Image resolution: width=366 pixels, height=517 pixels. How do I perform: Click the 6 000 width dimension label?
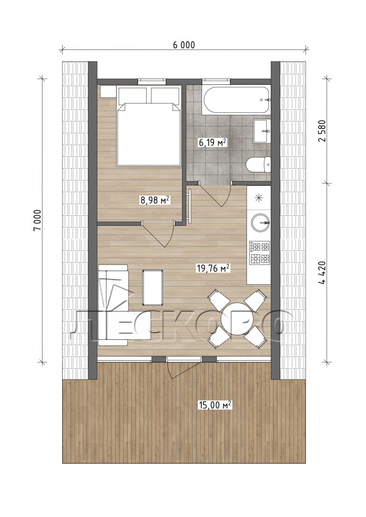184,45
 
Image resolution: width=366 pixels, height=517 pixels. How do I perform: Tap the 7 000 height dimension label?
38,220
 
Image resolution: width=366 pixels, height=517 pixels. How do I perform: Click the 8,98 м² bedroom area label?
155,200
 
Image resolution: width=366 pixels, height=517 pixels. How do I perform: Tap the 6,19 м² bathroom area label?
212,143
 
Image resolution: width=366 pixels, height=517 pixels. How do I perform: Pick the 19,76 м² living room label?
213,268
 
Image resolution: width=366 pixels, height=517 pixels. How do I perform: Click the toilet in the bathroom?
258,165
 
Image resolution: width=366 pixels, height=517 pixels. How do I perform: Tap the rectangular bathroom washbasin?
262,131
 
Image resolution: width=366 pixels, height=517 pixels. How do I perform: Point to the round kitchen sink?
260,223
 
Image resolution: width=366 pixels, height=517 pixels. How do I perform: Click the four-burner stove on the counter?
260,252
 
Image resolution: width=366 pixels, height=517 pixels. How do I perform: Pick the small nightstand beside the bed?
108,92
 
